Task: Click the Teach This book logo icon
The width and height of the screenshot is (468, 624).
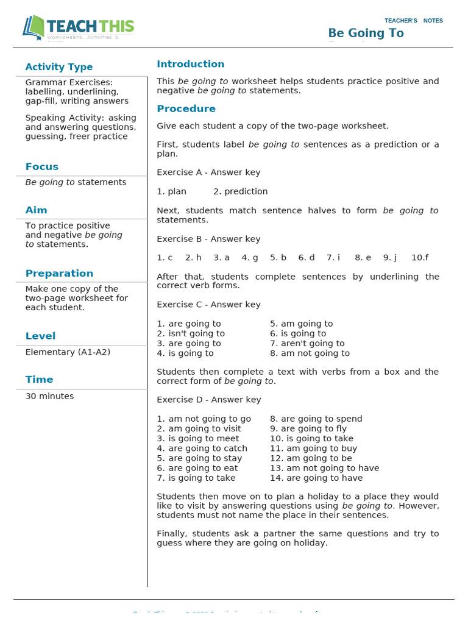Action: [34, 26]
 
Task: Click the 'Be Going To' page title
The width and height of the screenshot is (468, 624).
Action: [366, 33]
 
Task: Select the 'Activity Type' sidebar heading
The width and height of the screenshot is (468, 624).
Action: [59, 67]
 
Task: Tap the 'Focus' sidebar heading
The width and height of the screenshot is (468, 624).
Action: [42, 167]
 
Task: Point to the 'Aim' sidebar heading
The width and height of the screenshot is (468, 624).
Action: [36, 210]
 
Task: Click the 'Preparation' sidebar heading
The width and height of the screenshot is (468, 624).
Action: [59, 274]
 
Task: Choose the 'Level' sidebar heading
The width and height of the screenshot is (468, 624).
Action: [40, 336]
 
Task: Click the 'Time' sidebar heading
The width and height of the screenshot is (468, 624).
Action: [39, 380]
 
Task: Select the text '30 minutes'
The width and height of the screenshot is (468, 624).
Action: [49, 396]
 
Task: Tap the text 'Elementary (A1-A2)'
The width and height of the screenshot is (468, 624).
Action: [68, 352]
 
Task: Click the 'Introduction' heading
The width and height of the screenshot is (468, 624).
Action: [190, 64]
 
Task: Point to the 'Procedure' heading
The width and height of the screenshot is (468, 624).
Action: [186, 109]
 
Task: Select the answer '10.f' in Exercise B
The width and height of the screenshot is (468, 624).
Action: [420, 258]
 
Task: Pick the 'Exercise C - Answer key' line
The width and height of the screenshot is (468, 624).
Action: [208, 305]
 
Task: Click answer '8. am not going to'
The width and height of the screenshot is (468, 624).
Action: [310, 353]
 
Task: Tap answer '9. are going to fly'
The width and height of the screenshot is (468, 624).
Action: [308, 429]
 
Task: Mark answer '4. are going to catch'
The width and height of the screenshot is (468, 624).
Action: [202, 448]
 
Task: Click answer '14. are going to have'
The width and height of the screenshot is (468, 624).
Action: [316, 478]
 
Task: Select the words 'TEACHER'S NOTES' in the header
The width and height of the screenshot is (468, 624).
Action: [414, 21]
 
